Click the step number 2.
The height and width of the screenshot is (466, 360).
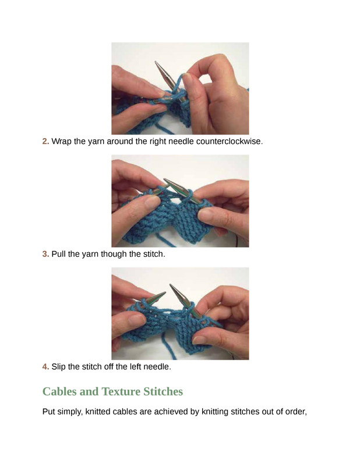point(45,141)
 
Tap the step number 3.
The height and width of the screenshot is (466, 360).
point(45,254)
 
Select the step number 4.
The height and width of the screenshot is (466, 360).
point(45,367)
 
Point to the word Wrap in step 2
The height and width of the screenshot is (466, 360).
point(62,142)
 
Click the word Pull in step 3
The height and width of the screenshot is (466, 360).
point(59,254)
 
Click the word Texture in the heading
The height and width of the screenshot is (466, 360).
point(121,391)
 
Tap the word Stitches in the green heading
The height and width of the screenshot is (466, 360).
point(163,391)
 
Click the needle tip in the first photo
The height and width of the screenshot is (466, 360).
point(156,62)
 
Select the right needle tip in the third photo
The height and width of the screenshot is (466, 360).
point(171,285)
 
